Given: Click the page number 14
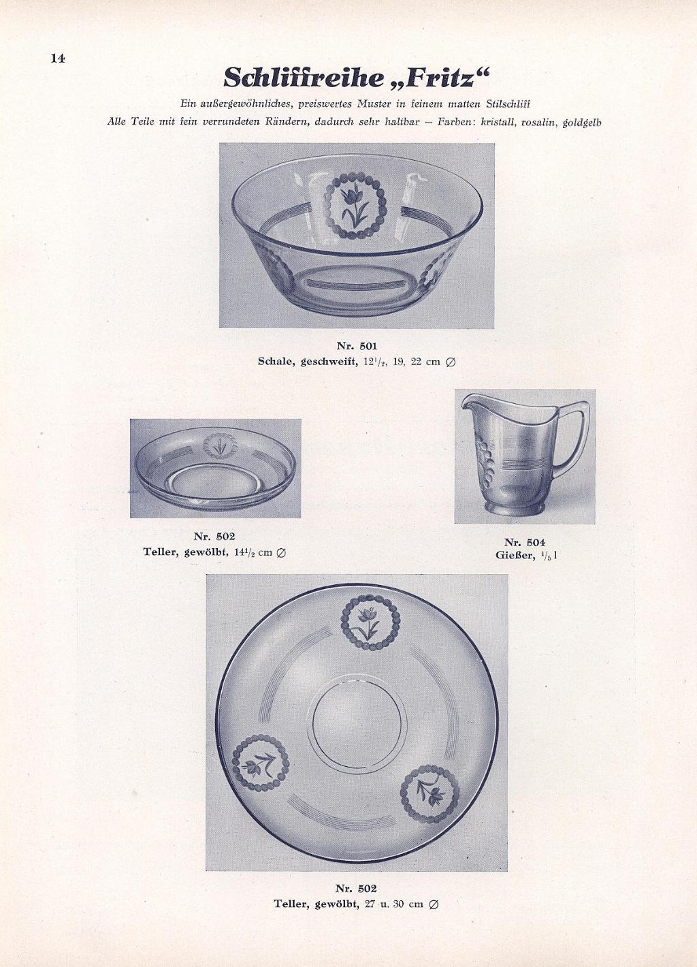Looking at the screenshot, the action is coord(58,59).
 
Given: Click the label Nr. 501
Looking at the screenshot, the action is coord(357,346).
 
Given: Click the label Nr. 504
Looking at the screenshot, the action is coord(525,543).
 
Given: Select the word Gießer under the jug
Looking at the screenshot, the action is coord(515,555).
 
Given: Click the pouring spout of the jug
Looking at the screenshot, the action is coord(471,404).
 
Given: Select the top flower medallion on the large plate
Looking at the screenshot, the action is coord(370,622).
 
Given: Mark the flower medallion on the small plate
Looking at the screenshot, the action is coord(220,445).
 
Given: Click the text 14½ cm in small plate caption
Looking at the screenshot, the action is coord(252,552).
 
